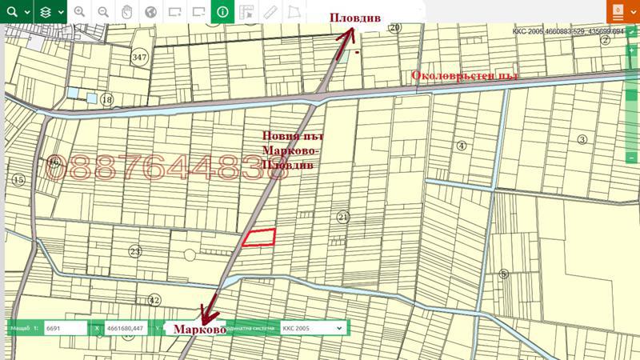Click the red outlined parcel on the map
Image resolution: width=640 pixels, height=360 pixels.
point(259,237)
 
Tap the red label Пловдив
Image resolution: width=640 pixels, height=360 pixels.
point(355,18)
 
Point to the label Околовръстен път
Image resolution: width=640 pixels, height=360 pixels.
point(465,76)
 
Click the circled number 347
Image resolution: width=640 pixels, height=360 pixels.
point(140,58)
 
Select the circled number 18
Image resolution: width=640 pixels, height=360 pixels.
point(107,99)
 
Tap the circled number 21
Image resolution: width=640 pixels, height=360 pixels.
point(343,217)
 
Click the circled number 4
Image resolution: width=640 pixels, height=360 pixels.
point(461,146)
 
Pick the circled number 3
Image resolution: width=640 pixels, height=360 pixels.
point(582,139)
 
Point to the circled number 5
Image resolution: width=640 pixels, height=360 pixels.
point(503,274)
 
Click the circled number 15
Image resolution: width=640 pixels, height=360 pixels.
point(18,180)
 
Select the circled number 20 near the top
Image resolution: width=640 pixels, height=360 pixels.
point(394,27)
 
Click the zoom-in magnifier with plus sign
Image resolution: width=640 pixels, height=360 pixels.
point(79,12)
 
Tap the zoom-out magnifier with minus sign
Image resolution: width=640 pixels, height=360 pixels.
point(103,12)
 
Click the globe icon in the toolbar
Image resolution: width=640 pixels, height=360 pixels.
point(150,12)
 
